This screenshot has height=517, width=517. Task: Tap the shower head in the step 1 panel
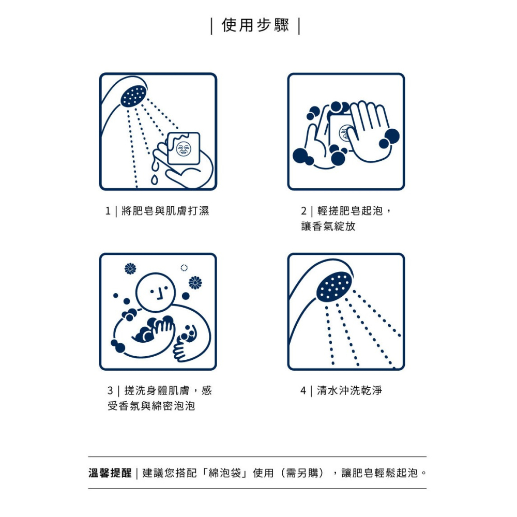coord(133,96)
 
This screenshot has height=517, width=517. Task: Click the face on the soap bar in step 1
coord(184,148)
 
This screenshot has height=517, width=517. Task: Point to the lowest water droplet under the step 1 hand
coord(154,180)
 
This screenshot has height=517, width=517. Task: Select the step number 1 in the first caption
coord(108,211)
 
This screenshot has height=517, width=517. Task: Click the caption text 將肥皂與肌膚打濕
coord(165,211)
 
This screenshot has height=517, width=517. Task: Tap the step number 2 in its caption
coord(303,211)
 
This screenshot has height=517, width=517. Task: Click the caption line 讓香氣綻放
coord(328,226)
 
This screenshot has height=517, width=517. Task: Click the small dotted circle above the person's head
coord(184,268)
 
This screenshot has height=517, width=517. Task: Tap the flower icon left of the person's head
coord(130,269)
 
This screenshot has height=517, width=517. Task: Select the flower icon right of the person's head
coord(195,283)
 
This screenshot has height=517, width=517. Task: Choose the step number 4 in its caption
coord(303,391)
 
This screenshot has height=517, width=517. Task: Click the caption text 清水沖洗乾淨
coord(349,390)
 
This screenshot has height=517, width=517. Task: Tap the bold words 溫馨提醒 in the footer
coord(110,473)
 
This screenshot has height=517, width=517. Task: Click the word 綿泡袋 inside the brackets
coord(225,473)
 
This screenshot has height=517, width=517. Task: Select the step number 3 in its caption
coord(110,391)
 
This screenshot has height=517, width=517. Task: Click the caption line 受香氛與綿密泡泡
coord(151,406)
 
